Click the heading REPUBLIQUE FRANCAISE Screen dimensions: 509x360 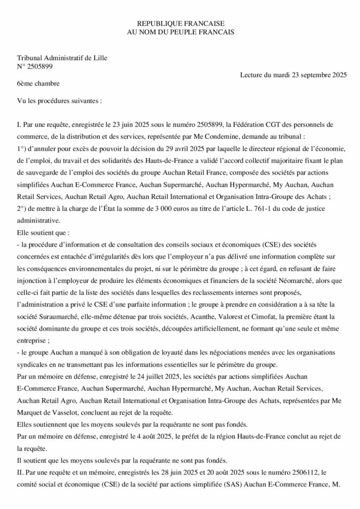pos(180,23)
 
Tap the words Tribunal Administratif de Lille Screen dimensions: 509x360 pos(62,58)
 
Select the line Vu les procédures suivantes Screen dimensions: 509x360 pos(59,100)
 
